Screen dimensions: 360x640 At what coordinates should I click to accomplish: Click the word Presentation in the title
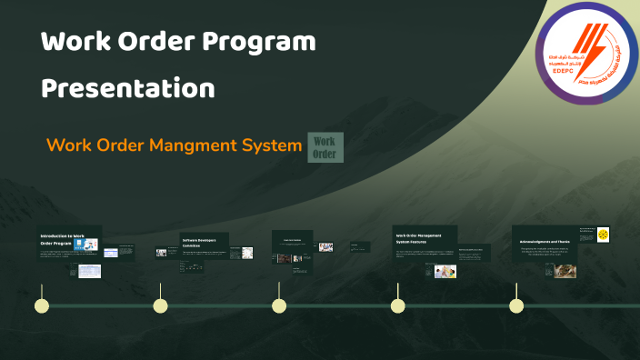pos(128,89)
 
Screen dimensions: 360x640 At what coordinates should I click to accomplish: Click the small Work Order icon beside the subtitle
pos(325,147)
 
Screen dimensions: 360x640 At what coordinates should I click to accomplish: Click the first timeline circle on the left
pos(41,305)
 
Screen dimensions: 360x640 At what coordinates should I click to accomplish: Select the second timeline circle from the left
pos(160,305)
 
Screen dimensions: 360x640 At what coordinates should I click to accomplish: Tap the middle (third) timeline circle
pos(279,305)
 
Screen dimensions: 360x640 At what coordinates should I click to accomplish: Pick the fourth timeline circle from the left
pos(397,305)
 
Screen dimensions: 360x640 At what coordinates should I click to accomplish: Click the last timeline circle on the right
pos(515,305)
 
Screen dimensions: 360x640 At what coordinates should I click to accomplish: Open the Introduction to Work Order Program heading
pos(67,239)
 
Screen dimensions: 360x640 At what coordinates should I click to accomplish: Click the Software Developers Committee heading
pos(203,242)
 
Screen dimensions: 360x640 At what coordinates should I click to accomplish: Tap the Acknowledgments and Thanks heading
pos(544,242)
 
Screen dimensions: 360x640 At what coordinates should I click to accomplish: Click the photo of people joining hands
pos(445,271)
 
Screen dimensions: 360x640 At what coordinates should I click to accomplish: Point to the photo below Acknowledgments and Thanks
pos(566,270)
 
